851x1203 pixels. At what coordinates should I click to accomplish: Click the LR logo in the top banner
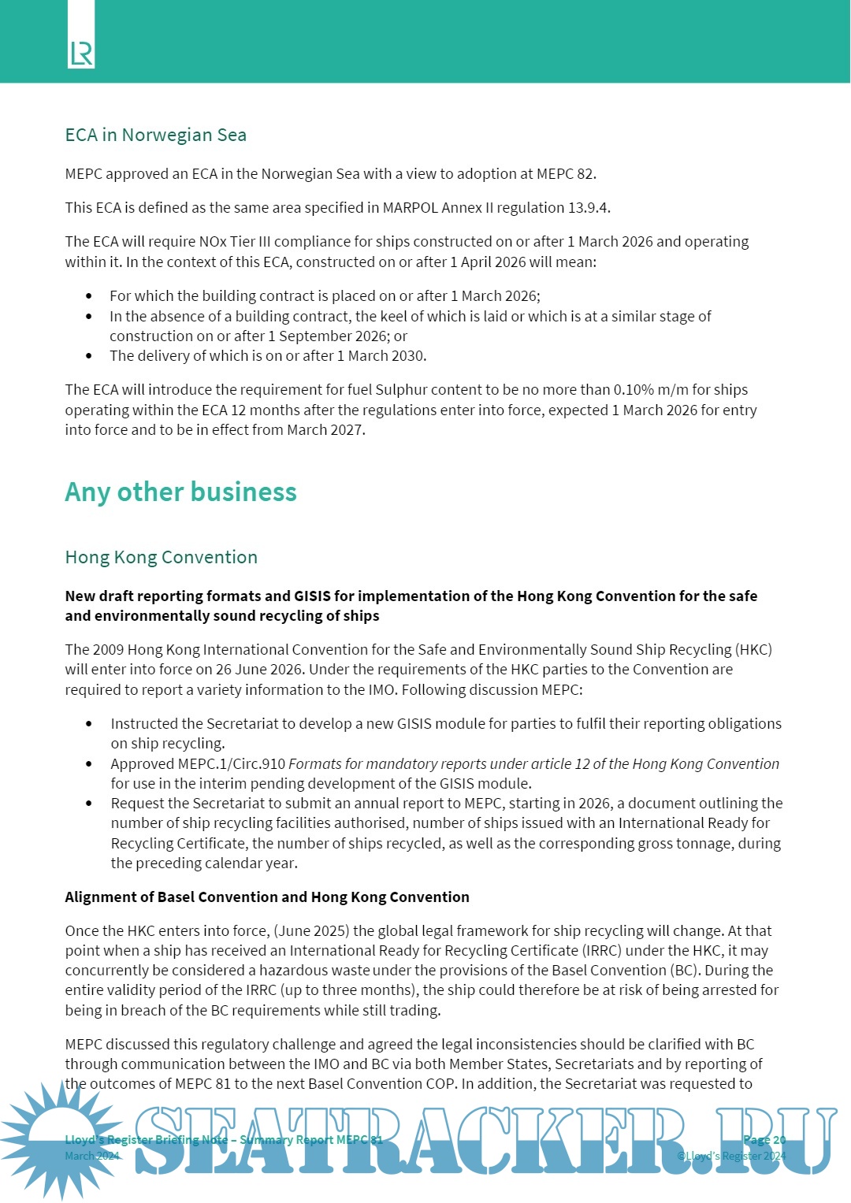click(81, 53)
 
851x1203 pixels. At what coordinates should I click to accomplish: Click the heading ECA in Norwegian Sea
click(155, 136)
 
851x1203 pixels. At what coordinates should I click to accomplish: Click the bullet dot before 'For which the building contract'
click(89, 297)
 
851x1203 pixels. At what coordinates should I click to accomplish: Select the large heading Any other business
click(180, 492)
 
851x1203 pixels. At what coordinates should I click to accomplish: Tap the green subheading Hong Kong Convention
click(161, 558)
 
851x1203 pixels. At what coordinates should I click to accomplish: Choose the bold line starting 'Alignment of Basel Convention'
click(266, 897)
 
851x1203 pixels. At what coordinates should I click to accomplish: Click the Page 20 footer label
click(764, 1140)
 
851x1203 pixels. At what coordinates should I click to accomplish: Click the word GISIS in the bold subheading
click(313, 596)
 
